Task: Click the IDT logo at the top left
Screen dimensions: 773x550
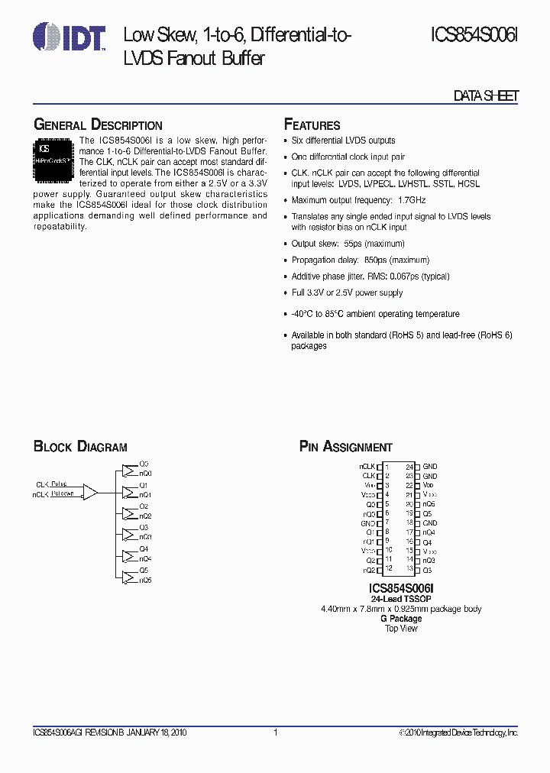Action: [70, 36]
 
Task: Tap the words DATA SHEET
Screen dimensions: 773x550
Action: [486, 95]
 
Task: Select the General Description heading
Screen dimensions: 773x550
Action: [98, 125]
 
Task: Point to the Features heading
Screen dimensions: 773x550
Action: [312, 125]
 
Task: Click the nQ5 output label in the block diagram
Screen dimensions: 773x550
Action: [145, 581]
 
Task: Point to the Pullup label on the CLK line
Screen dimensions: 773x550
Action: [60, 484]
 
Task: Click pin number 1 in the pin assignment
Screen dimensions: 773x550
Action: [387, 466]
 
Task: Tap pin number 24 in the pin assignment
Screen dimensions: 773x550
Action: [409, 466]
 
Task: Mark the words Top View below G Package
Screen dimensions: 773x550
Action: [401, 629]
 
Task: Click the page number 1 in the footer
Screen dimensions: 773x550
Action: [275, 733]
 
